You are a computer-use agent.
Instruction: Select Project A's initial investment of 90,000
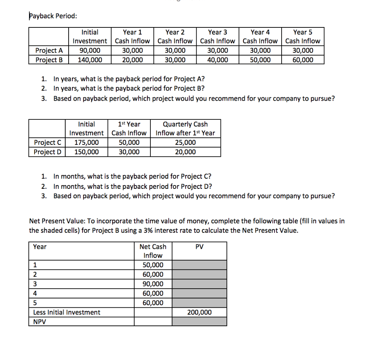(90, 50)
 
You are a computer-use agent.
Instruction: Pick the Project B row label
(49, 60)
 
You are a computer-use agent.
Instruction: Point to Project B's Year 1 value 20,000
(132, 60)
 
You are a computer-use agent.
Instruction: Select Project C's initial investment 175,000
(87, 142)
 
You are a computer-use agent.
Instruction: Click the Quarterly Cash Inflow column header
(185, 128)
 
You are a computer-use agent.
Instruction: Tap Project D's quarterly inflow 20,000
(185, 152)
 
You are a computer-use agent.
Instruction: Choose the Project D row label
(47, 152)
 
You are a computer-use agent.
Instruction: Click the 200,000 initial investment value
(199, 312)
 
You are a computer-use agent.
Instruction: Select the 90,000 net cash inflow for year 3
(153, 284)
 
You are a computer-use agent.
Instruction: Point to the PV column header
(199, 247)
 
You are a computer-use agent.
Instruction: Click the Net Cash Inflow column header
(153, 251)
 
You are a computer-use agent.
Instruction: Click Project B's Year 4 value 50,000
(260, 60)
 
